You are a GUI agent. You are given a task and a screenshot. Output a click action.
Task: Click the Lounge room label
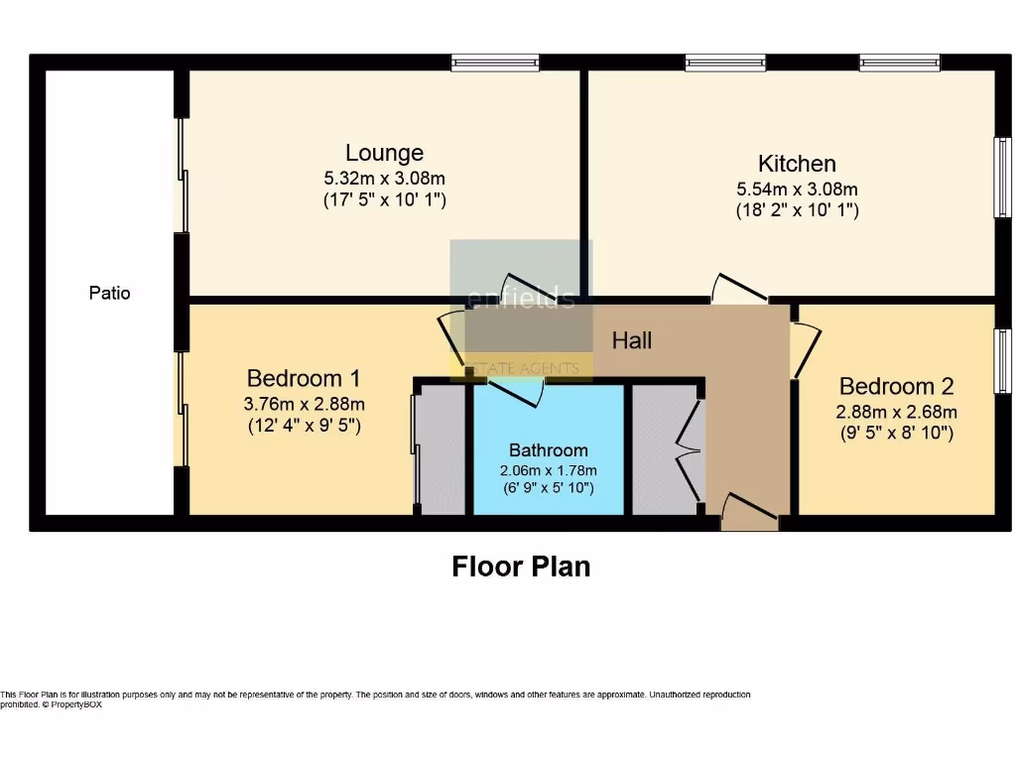(384, 153)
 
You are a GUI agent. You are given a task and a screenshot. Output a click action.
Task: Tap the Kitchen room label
(797, 164)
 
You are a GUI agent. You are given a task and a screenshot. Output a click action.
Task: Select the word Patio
(109, 293)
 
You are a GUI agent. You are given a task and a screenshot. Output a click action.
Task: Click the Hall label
(631, 341)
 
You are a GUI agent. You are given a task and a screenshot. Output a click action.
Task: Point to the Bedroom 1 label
(303, 378)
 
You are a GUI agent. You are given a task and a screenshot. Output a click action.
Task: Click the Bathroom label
(548, 449)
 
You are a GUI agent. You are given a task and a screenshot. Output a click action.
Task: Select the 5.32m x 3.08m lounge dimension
(384, 179)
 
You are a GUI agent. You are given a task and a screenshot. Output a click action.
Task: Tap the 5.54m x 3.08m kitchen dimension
(797, 189)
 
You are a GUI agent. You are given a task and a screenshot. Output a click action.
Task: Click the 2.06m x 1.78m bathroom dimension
(548, 470)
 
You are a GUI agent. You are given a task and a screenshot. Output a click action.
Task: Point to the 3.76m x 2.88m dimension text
(303, 404)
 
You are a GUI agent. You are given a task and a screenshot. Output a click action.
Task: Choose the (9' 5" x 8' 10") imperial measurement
(895, 433)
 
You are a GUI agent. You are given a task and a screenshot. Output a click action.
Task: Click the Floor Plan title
(521, 567)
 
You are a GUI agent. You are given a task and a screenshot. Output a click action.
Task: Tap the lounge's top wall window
(495, 63)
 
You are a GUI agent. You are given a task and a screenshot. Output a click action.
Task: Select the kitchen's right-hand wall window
(1002, 177)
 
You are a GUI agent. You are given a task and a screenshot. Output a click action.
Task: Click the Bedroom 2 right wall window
(1002, 361)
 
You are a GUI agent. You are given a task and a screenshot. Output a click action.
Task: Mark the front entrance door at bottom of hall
(749, 510)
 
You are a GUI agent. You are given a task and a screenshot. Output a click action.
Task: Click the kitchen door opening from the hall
(739, 289)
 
